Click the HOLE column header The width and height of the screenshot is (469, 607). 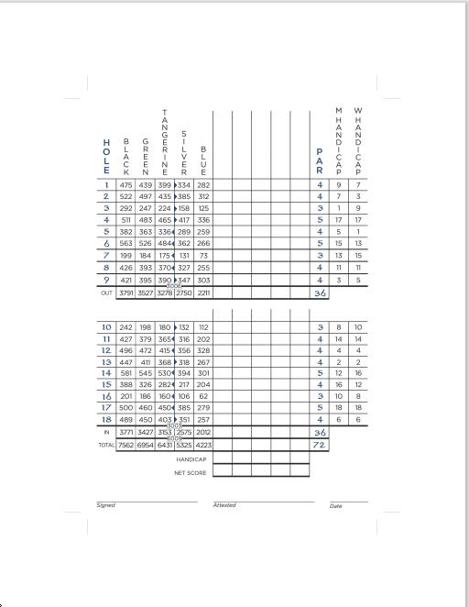pos(106,157)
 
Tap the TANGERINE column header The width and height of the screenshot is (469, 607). pos(165,141)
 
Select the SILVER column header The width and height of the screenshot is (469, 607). pos(184,152)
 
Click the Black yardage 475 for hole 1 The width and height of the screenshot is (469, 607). pos(126,185)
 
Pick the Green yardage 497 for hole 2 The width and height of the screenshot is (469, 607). pos(146,197)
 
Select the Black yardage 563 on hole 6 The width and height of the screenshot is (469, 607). pos(126,244)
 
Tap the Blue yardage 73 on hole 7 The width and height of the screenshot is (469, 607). pos(203,256)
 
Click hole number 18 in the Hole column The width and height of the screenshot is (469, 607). pos(106,419)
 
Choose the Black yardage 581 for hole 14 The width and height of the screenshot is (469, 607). pos(126,373)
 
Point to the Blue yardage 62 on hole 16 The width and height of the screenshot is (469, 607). pos(203,396)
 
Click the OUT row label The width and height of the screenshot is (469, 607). pos(106,293)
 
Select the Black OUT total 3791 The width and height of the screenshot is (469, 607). pos(126,293)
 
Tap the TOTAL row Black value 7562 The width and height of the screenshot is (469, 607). pos(126,445)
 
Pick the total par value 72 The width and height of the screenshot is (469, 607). pos(320,445)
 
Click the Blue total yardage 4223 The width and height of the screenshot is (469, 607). pos(203,445)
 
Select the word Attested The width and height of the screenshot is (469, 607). pos(224,505)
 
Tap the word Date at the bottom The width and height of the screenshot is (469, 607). pos(335,506)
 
